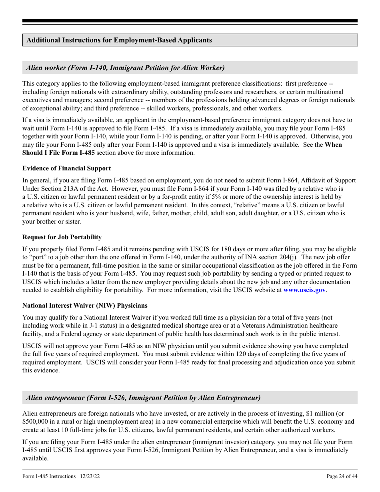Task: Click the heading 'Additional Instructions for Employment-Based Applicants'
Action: click(119, 40)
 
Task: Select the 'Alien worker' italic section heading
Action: click(125, 68)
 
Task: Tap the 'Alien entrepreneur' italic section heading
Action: click(143, 398)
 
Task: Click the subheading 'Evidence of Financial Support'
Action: click(66, 168)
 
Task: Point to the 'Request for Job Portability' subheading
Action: click(62, 237)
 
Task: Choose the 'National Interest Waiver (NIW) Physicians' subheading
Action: click(85, 306)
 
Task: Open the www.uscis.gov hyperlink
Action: click(304, 290)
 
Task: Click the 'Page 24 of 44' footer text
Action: click(342, 476)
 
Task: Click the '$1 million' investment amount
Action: click(320, 414)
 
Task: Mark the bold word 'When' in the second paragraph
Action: click(333, 145)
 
